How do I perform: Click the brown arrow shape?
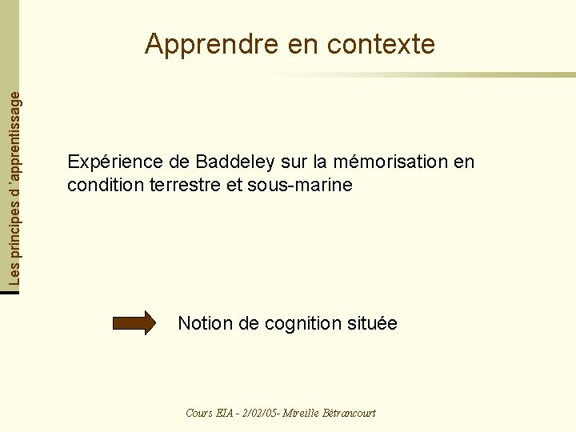click(134, 323)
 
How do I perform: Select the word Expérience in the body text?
click(117, 162)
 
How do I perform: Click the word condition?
click(99, 186)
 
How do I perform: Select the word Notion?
click(206, 323)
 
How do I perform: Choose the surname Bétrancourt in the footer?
click(349, 413)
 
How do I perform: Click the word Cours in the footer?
click(198, 413)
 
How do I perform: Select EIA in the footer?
click(225, 413)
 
